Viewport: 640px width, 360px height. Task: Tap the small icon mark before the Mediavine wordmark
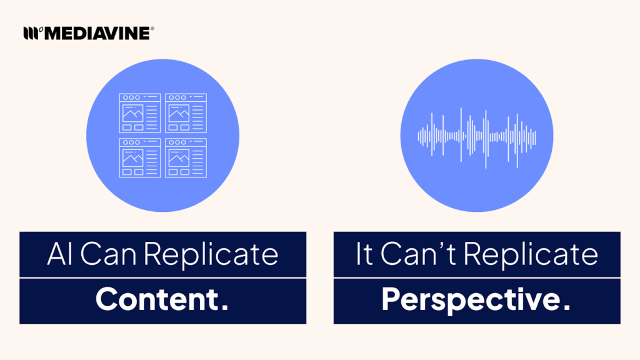click(31, 33)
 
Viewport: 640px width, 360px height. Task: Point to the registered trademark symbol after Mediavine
click(152, 29)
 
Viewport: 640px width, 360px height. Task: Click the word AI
click(59, 254)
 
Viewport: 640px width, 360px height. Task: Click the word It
click(364, 254)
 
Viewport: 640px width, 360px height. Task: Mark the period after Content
click(224, 307)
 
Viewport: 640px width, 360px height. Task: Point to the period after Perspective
click(566, 307)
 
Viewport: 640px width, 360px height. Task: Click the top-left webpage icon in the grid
click(139, 113)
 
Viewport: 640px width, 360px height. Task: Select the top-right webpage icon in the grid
click(186, 113)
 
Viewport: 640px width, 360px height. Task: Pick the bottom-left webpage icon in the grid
click(139, 157)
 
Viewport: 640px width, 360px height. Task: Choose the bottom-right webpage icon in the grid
click(186, 157)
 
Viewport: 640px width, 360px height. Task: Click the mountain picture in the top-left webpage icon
click(132, 114)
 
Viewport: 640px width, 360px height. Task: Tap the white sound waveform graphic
click(476, 136)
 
